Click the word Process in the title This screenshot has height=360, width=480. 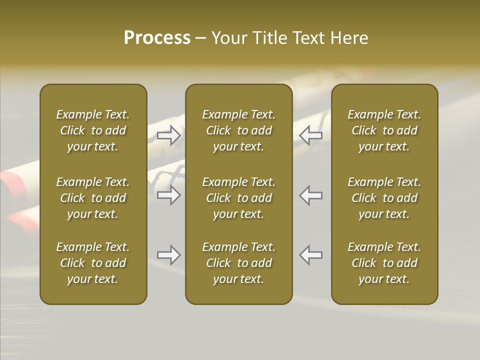point(157,38)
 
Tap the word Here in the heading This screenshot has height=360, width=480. point(349,38)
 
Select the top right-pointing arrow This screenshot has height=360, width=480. point(169,135)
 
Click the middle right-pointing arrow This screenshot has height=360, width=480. point(169,195)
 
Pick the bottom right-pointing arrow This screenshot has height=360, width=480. point(169,255)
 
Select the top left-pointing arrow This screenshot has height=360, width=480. point(310,135)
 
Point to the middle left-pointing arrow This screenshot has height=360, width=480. point(310,195)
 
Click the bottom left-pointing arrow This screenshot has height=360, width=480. point(310,255)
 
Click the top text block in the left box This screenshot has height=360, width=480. point(93,130)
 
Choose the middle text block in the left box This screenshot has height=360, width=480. point(93,198)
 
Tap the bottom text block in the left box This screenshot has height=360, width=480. point(93,263)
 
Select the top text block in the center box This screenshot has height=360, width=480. point(239,130)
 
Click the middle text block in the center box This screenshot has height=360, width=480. point(239,198)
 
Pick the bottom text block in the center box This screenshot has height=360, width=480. point(239,263)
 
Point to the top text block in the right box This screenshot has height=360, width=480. point(384,130)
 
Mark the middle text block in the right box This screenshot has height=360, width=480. point(384,198)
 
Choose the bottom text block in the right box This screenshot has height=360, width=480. point(384,263)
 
